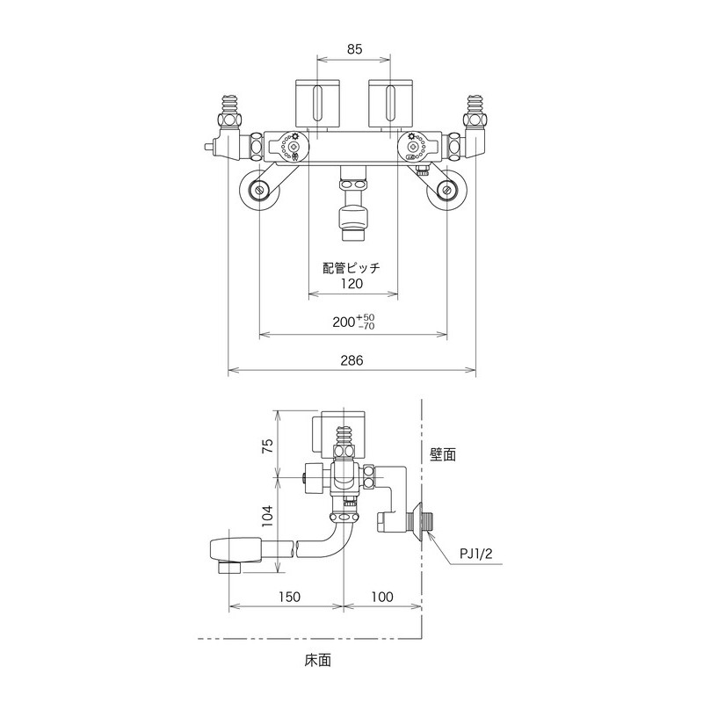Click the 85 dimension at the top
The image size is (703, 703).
coord(353,50)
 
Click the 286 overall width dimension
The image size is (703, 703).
coord(352,360)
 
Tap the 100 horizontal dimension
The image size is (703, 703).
coord(381,596)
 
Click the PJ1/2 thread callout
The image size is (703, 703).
coord(476,554)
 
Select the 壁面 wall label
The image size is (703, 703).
coord(443,454)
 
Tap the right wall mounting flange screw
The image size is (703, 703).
coord(447,189)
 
